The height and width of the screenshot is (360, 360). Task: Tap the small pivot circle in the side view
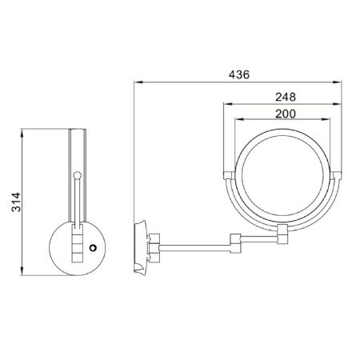pos(77,174)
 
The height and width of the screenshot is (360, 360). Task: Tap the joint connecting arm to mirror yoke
pos(283,234)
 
